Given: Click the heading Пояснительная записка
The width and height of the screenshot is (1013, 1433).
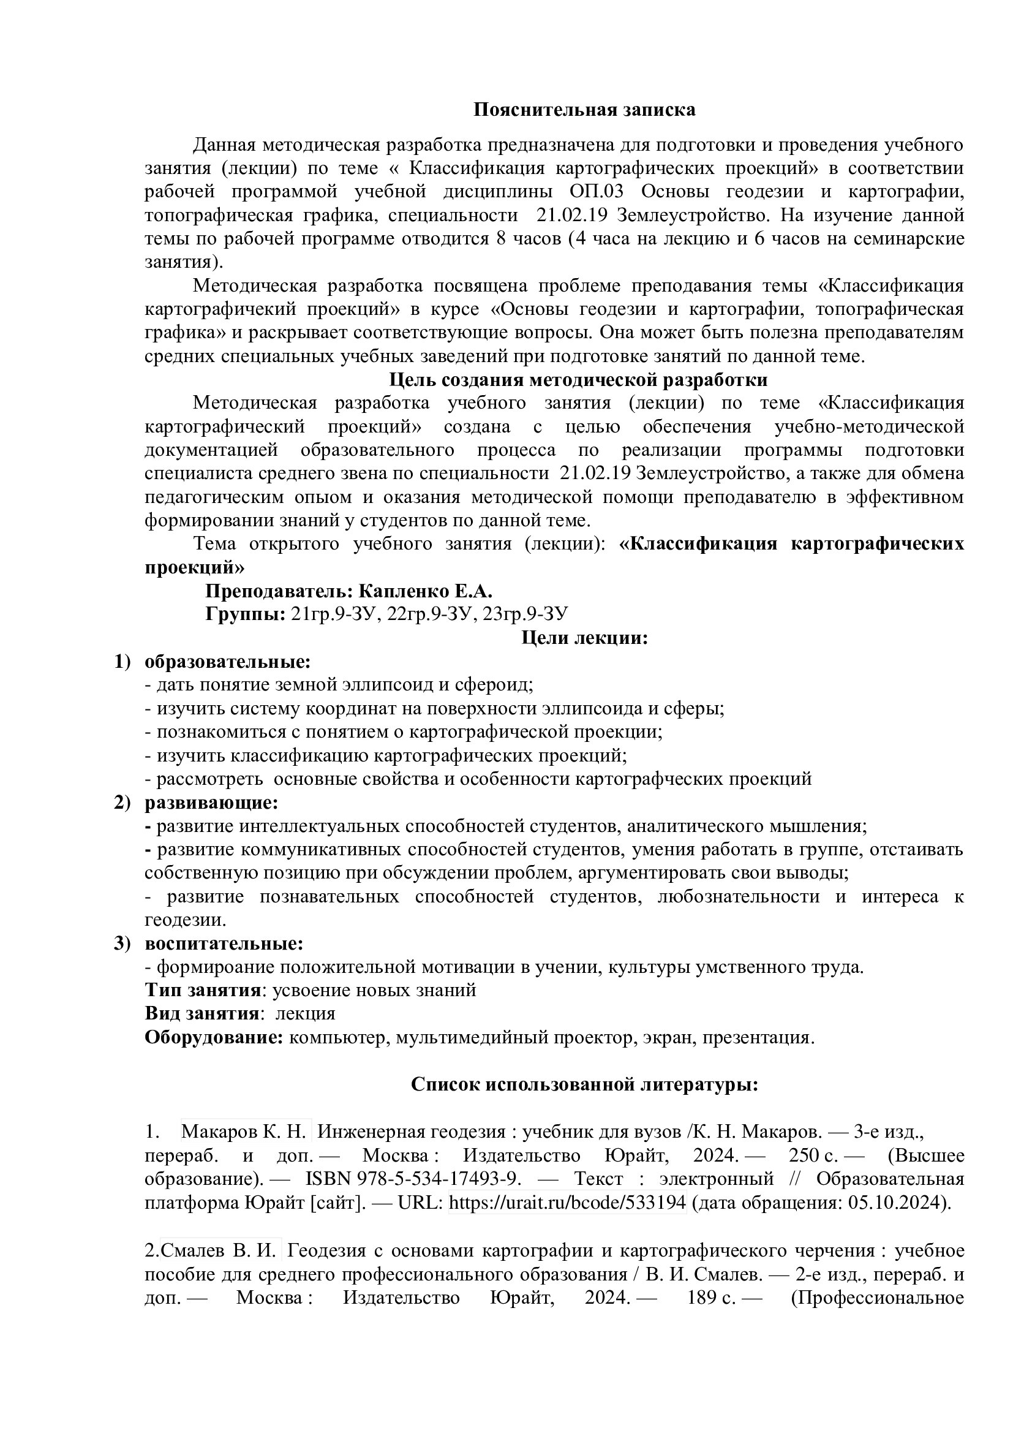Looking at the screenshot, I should point(584,110).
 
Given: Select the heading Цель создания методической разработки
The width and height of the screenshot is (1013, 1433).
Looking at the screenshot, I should point(578,379).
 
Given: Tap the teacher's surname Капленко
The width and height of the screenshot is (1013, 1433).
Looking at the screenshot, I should point(404,591).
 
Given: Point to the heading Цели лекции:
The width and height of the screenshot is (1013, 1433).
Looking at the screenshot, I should point(584,638).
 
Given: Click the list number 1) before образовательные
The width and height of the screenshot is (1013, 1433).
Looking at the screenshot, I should point(122,662).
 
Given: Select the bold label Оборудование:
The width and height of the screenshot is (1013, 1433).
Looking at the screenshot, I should point(214,1037).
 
